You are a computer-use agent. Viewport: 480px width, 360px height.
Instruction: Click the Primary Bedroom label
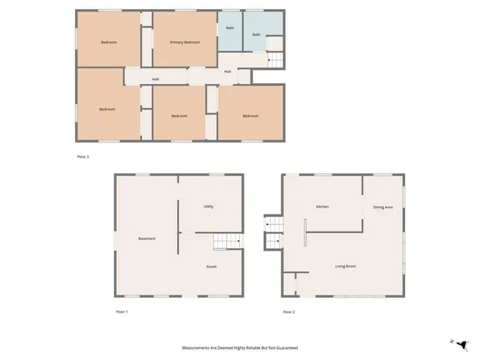pyautogui.click(x=184, y=42)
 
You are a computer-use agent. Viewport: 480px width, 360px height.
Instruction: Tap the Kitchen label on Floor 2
pyautogui.click(x=322, y=206)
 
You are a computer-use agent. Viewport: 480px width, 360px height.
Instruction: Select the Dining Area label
pyautogui.click(x=383, y=207)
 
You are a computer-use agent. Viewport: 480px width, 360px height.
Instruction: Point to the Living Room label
pyautogui.click(x=345, y=266)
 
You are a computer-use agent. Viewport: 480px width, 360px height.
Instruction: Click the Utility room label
pyautogui.click(x=209, y=206)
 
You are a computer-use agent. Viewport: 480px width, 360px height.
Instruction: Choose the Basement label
pyautogui.click(x=147, y=238)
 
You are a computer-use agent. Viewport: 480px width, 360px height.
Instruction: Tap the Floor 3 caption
pyautogui.click(x=83, y=157)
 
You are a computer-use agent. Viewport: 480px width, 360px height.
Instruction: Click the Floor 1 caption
pyautogui.click(x=121, y=311)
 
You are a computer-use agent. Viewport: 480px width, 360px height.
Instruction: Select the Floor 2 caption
pyautogui.click(x=289, y=311)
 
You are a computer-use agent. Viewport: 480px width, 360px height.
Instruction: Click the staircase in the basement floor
pyautogui.click(x=226, y=241)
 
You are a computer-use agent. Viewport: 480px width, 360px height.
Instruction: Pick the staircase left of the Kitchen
pyautogui.click(x=272, y=232)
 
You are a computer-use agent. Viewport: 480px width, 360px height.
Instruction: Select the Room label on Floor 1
pyautogui.click(x=211, y=266)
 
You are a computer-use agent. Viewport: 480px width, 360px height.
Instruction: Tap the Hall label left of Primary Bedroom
pyautogui.click(x=155, y=79)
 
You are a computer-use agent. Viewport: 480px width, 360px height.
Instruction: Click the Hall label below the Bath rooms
pyautogui.click(x=227, y=71)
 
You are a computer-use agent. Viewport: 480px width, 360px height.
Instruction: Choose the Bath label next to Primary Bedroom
pyautogui.click(x=229, y=28)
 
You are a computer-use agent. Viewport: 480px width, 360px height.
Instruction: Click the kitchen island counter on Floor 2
pyautogui.click(x=305, y=232)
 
